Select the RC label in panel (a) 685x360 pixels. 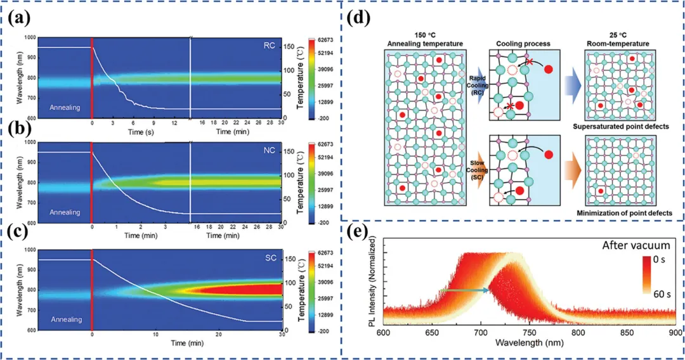tap(270, 46)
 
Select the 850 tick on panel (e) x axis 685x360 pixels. tap(610, 331)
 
